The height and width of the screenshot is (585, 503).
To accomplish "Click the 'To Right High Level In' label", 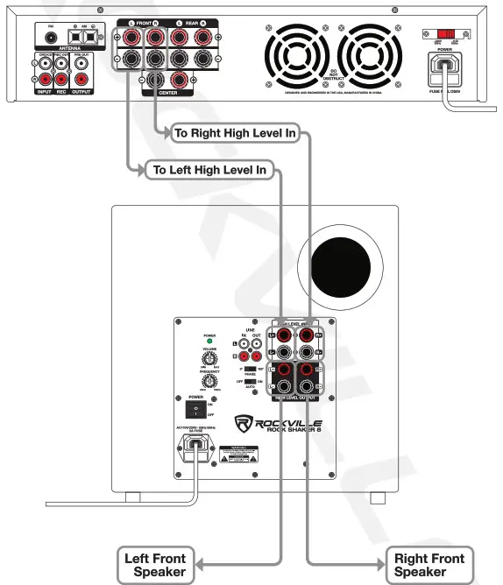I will tap(235, 134).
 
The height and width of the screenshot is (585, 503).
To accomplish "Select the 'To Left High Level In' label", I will tap(209, 169).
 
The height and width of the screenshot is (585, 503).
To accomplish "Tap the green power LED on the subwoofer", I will tap(209, 342).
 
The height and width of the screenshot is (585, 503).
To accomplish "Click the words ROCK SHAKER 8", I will tap(285, 429).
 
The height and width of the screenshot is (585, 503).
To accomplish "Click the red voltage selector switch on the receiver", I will tap(447, 33).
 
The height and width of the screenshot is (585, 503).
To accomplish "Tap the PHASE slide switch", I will tap(251, 370).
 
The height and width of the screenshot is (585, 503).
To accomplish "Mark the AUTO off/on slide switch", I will tap(251, 383).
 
